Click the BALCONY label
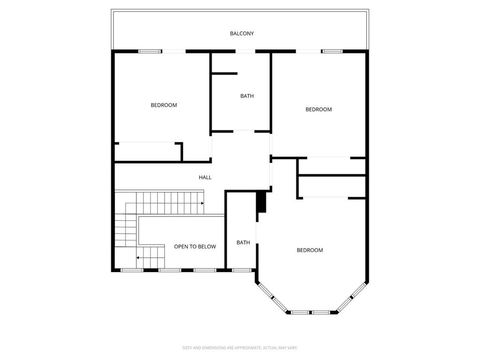[241, 34]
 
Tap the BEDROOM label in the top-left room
[164, 105]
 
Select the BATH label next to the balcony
[247, 96]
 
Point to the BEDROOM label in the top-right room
[318, 109]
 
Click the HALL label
[205, 178]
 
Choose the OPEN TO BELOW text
[195, 246]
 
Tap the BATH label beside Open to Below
[243, 242]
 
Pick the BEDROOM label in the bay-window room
[310, 249]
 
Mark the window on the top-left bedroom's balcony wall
[150, 51]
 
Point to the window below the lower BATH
[242, 269]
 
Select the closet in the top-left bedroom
[148, 152]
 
